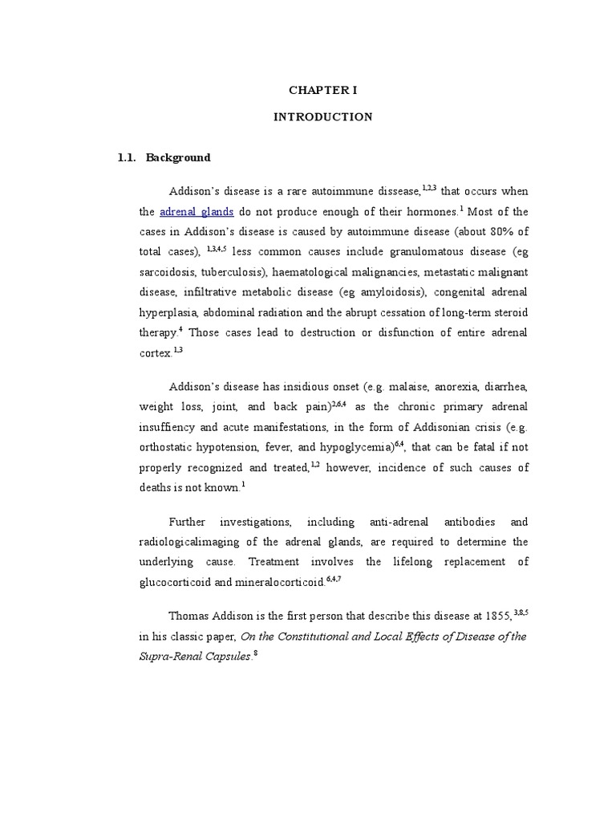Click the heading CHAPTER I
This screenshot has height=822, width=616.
323,90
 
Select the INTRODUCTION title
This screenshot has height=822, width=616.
323,117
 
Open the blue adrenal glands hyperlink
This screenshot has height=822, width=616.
197,213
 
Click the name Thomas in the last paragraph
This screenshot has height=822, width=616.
188,616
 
